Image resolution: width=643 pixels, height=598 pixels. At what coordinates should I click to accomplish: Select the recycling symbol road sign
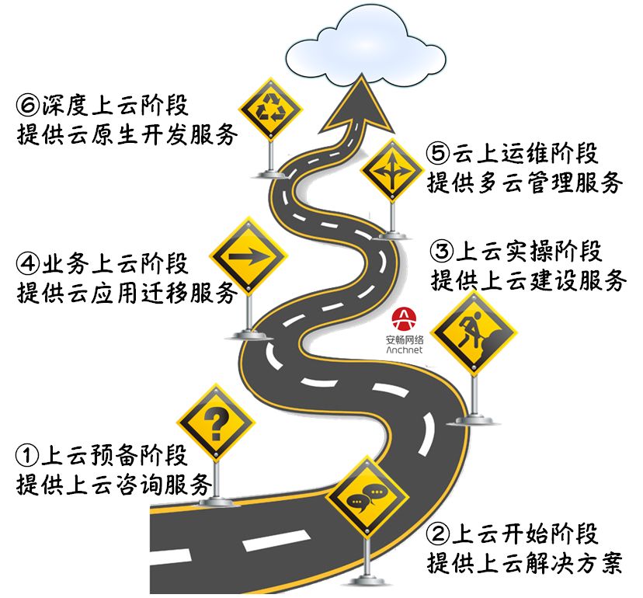(269, 109)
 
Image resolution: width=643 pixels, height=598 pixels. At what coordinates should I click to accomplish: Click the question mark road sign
(215, 423)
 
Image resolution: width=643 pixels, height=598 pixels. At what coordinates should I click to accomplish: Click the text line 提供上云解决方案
(525, 563)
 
